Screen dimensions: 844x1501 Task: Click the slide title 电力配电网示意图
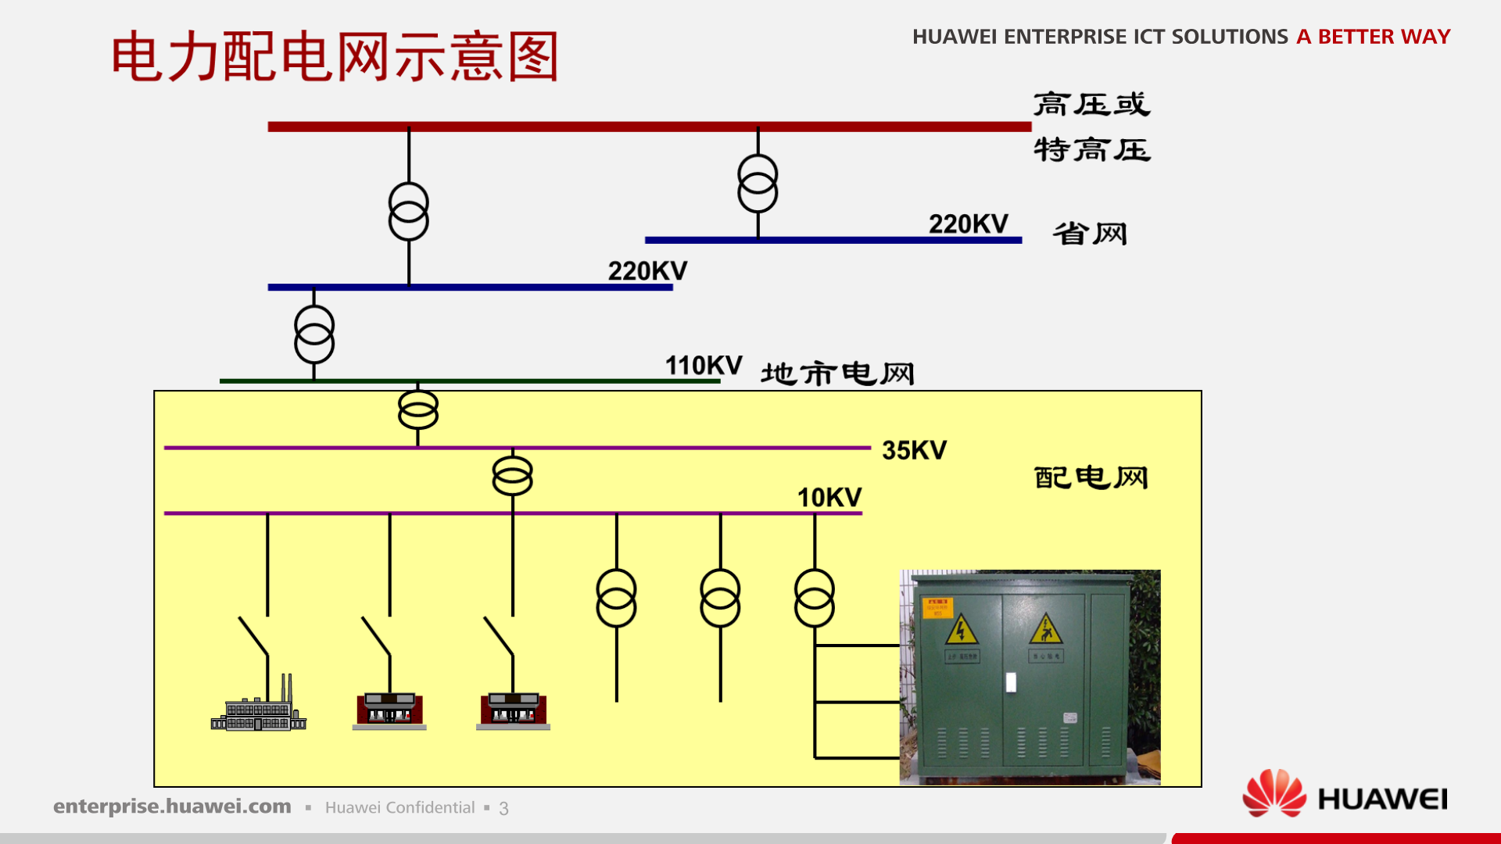(x=335, y=56)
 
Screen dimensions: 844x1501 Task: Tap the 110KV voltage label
(x=703, y=366)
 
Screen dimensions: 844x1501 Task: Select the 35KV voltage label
(x=914, y=450)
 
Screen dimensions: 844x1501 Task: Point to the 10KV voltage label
(x=829, y=498)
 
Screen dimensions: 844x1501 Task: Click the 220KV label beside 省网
(x=968, y=224)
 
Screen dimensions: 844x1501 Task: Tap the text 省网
(x=1090, y=234)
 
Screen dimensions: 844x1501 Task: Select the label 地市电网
(x=837, y=374)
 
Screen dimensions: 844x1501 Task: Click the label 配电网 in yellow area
(x=1091, y=477)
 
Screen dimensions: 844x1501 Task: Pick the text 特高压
(x=1091, y=149)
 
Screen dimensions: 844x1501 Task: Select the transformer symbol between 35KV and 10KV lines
(x=512, y=476)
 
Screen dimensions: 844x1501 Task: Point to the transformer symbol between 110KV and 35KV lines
(x=418, y=410)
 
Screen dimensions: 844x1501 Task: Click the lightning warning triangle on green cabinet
(x=961, y=630)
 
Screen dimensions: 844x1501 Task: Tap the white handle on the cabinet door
(x=1011, y=682)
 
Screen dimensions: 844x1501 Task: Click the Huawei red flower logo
(x=1274, y=794)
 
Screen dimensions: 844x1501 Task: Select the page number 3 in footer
(x=503, y=809)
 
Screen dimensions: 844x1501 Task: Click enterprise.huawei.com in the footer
(x=172, y=806)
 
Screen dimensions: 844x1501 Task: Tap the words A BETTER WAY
(x=1373, y=37)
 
